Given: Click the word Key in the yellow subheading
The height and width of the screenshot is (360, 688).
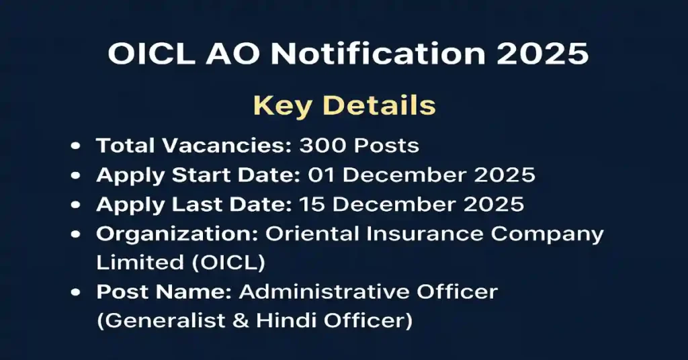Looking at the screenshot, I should tap(282, 106).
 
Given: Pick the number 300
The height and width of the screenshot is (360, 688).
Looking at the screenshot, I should tap(322, 145).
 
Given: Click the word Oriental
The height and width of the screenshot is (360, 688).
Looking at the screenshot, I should tap(315, 234).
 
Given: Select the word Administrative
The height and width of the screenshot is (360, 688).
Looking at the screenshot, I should tap(318, 292).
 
